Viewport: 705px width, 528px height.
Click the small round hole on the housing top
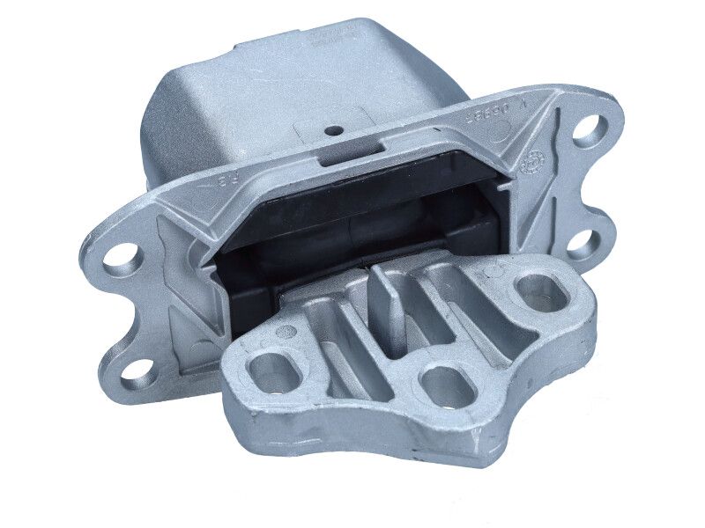click(335, 130)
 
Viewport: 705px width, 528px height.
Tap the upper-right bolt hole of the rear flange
click(590, 128)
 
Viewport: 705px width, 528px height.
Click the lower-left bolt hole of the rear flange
click(136, 371)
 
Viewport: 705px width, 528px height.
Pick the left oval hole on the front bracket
click(274, 374)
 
